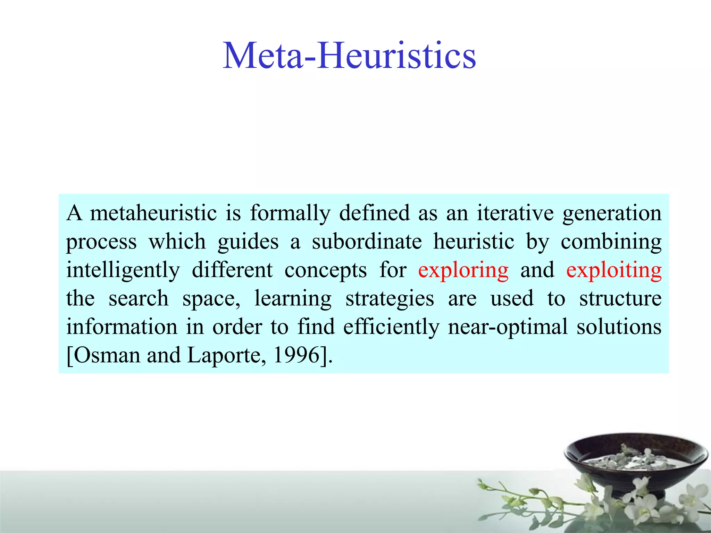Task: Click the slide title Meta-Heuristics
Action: pos(349,56)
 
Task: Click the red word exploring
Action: pos(463,270)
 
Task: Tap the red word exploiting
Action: pos(614,270)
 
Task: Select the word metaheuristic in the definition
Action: pos(153,213)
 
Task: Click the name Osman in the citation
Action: pos(107,355)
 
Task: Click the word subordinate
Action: pos(367,242)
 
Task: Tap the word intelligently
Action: pos(123,271)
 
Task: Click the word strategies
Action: pos(390,299)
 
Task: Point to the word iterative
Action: pos(515,213)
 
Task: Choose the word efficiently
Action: pos(391,327)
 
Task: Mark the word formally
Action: pos(290,213)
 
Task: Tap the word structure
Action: pos(620,298)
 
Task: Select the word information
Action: pos(122,327)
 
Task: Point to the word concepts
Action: pos(325,271)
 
